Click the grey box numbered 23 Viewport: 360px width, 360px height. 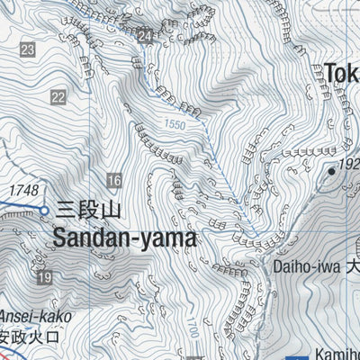tap(28, 49)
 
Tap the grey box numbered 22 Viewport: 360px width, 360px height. tap(58, 97)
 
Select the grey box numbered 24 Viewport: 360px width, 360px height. tap(146, 35)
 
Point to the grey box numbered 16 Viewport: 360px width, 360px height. tap(113, 180)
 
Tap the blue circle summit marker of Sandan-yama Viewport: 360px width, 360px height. tap(44, 211)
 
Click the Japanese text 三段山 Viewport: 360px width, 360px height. tap(87, 211)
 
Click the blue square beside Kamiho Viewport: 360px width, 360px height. tap(301, 354)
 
